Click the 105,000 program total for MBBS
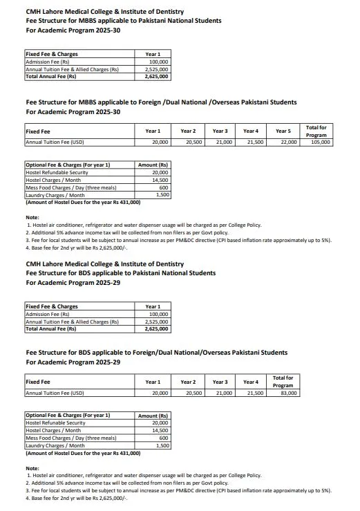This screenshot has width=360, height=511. pos(321,142)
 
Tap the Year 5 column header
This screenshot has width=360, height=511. pos(283,131)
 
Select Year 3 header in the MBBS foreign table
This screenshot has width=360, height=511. pos(220,131)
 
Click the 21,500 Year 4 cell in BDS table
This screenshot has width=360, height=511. pos(254,393)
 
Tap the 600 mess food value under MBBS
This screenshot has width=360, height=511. pos(164,187)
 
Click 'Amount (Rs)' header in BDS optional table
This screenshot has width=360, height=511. pos(153,416)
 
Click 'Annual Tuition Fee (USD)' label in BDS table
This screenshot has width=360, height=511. pos(55,393)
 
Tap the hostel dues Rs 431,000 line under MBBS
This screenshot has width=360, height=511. pos(83,203)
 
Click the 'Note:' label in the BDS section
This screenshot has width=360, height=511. pos(32,468)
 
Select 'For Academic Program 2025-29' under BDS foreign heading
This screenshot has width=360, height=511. pos(73,362)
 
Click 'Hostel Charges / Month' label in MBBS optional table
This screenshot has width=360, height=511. pos(55,180)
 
